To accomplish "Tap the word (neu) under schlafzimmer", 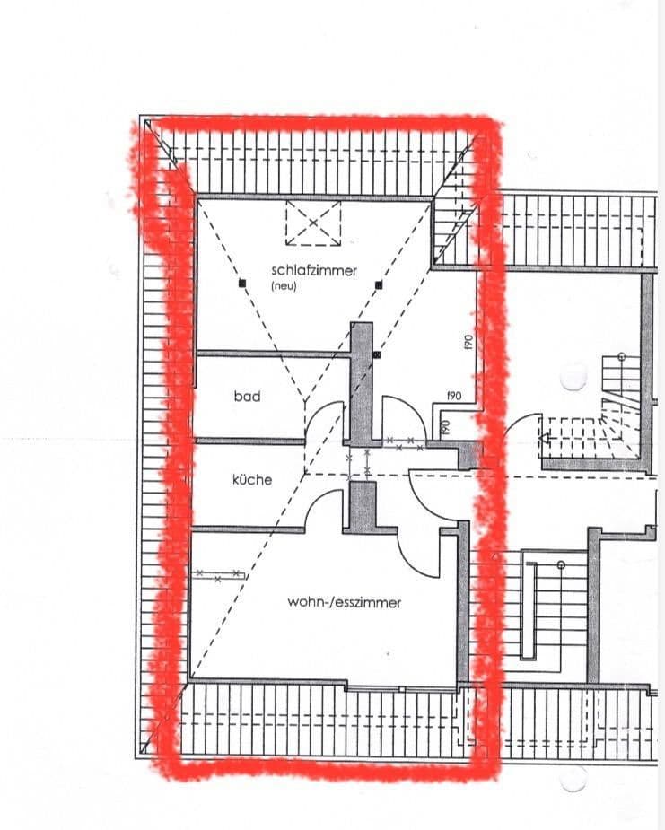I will (283, 287).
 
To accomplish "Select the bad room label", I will (247, 396).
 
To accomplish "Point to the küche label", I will (252, 480).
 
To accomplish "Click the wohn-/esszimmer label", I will (344, 602).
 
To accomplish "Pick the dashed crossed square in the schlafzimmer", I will (313, 223).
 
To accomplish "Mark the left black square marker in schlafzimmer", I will (241, 284).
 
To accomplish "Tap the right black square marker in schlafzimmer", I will (380, 284).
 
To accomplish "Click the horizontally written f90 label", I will (454, 396).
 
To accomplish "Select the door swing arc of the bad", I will (325, 420).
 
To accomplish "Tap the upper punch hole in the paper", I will (573, 378).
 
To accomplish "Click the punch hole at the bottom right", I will (573, 779).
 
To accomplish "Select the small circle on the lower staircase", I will (561, 564).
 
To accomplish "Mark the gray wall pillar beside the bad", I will (361, 381).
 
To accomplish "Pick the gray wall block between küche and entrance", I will (362, 506).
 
